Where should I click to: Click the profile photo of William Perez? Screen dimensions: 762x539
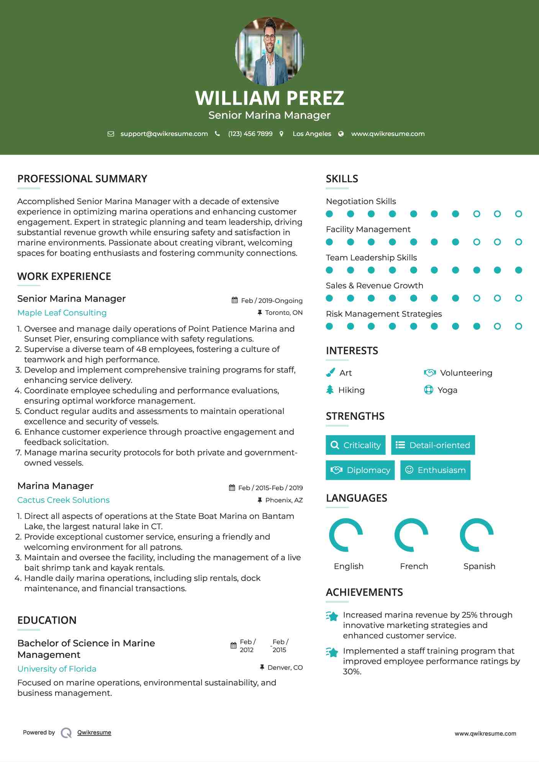[x=269, y=51]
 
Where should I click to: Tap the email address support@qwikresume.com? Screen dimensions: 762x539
[x=164, y=134]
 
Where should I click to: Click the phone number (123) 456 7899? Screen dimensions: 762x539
[x=250, y=134]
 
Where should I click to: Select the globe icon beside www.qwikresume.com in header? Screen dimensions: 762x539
[x=341, y=134]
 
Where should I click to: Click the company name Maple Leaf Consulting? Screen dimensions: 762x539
[x=62, y=312]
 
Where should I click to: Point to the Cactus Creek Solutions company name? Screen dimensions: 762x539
[x=64, y=500]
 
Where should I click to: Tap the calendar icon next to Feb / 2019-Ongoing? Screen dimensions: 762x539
[x=235, y=300]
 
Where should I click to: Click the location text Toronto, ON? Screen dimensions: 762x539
[x=283, y=312]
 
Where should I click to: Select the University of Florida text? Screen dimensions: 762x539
[x=57, y=669]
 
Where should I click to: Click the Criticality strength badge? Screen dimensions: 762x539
[x=356, y=445]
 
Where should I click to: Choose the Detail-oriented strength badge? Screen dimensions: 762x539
[x=433, y=445]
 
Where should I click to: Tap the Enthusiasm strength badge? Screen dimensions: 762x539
[x=435, y=470]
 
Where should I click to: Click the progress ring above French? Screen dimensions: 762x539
[x=411, y=535]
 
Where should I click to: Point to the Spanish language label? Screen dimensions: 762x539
[x=479, y=566]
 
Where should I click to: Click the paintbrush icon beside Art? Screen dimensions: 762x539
[x=330, y=373]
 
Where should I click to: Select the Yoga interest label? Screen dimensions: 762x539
[x=447, y=390]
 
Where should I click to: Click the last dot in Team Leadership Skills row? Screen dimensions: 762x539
[x=518, y=270]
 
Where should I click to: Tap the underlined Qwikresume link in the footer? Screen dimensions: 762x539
[x=94, y=732]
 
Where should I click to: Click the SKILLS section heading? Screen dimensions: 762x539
[x=342, y=179]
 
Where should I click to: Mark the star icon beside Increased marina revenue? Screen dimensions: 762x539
[x=332, y=616]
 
